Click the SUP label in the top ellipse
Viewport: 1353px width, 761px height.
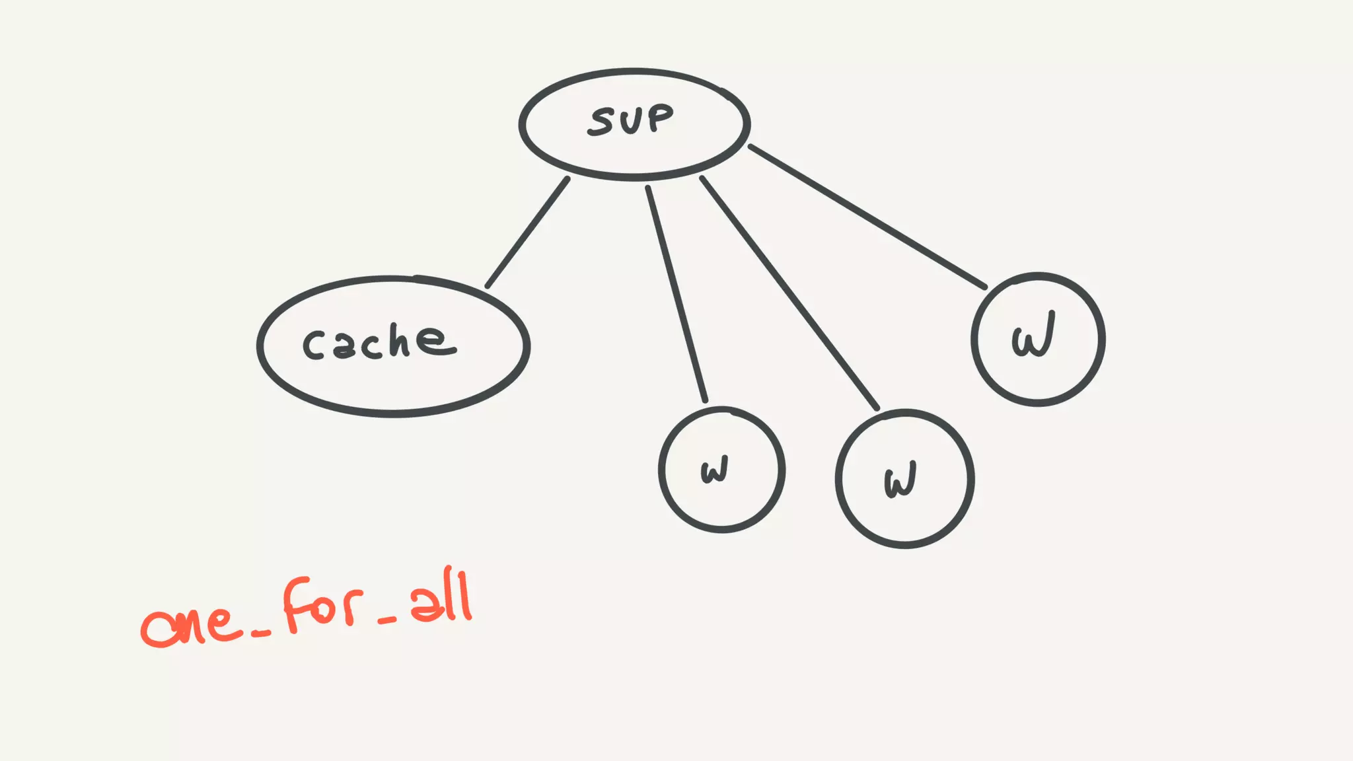coord(631,120)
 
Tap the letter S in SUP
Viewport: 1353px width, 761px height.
coord(602,122)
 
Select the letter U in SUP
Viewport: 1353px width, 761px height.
coord(631,120)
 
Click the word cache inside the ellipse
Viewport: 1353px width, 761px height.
coord(379,342)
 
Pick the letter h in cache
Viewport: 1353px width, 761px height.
coord(399,341)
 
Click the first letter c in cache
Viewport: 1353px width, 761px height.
coord(313,345)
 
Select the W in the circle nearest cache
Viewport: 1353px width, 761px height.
coord(715,470)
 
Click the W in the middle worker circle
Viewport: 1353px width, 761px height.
coord(900,480)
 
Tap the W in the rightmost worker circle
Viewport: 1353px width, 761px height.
coord(1033,336)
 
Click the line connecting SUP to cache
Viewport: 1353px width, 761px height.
coord(527,233)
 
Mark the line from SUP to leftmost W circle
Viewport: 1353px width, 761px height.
coord(676,294)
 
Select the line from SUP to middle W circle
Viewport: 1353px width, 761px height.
coord(789,293)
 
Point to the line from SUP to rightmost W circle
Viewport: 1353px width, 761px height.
coord(867,217)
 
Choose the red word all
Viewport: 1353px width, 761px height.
coord(441,599)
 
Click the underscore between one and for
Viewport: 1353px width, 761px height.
coord(261,634)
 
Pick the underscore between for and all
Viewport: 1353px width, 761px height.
coord(386,620)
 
